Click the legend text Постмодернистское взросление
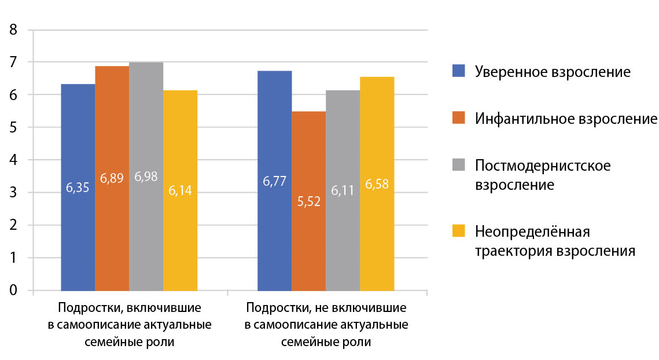(543, 175)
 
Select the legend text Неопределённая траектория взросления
(554, 241)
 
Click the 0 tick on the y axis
(13, 290)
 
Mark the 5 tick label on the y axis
(13, 127)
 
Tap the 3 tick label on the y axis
(13, 192)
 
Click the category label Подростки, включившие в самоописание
(130, 324)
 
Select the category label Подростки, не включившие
(326, 324)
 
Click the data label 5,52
(308, 204)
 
